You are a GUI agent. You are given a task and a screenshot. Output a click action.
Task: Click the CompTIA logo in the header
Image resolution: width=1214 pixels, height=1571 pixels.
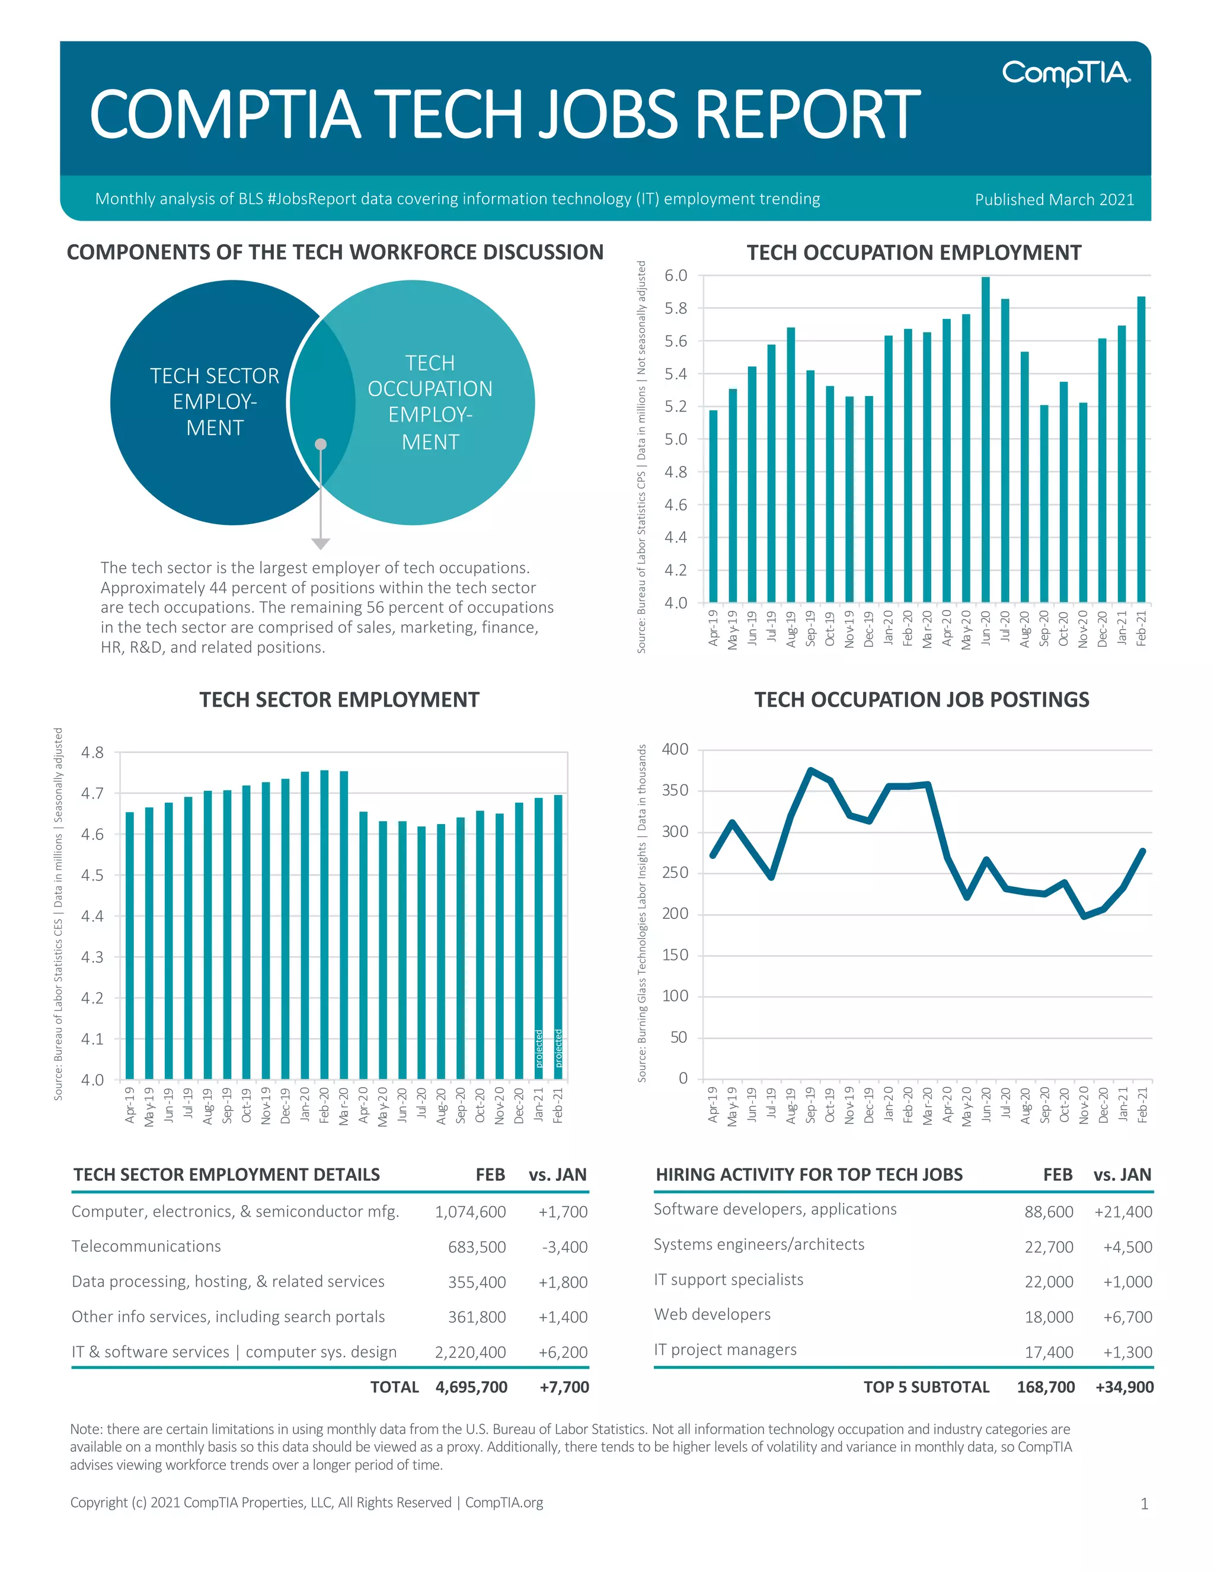point(1066,73)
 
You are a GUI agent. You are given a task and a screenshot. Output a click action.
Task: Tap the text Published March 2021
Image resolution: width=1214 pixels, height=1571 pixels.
point(1053,199)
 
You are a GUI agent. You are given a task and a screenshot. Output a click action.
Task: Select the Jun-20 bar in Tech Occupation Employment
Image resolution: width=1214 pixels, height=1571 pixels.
point(985,439)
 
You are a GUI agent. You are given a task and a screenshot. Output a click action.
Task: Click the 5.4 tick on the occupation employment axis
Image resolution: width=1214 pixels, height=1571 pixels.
point(675,374)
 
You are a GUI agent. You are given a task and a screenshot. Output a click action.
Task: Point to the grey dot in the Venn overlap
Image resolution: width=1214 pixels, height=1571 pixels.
point(321,445)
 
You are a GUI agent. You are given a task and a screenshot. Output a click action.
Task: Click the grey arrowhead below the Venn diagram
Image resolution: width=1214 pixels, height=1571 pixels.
point(321,544)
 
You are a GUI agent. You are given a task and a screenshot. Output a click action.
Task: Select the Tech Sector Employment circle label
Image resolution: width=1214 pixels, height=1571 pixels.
point(215,401)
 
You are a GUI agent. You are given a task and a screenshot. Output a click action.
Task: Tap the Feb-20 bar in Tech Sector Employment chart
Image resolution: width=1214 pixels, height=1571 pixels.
point(324,924)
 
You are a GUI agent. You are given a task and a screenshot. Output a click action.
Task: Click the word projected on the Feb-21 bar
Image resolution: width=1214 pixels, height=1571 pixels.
point(558,1049)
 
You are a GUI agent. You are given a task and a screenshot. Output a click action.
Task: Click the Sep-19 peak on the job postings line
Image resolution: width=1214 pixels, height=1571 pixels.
point(810,771)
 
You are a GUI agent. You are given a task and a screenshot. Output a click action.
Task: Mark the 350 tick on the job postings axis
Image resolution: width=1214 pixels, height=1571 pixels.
point(675,790)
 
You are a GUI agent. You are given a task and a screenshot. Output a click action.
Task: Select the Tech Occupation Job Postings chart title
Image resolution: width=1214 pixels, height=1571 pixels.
point(921,700)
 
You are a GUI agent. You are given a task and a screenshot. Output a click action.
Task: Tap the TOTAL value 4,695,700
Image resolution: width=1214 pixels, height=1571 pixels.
point(471,1388)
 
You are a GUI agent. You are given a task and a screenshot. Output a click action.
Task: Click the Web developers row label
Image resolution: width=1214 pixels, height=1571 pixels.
point(712,1315)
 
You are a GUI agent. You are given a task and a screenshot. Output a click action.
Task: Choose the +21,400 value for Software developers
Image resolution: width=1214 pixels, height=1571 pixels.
point(1123,1212)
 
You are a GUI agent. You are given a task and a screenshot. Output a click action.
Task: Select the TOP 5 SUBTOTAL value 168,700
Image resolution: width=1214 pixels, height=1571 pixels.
point(1045,1388)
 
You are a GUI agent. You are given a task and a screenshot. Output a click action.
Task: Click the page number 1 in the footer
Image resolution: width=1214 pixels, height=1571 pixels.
point(1144,1504)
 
